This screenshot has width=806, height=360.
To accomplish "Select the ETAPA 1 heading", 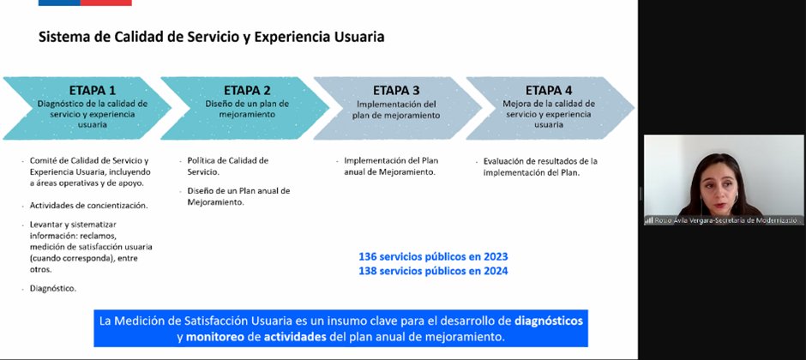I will tap(93, 90).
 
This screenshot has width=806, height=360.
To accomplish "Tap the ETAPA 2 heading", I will tap(247, 90).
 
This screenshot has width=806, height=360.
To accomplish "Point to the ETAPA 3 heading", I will tap(396, 90).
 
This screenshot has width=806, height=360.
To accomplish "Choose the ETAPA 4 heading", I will tap(549, 90).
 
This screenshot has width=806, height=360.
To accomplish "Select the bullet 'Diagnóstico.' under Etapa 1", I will tap(53, 288).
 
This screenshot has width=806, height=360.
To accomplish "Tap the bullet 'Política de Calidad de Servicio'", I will tap(227, 165).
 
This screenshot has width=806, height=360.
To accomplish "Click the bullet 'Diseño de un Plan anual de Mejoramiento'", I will tap(238, 196).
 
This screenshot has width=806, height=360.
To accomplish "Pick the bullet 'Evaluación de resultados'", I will tap(540, 165).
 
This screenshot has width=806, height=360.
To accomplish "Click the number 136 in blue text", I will tap(369, 256).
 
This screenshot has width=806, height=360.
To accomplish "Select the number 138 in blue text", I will tap(369, 271).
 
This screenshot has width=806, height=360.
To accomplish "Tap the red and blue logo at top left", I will tap(85, 3).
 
